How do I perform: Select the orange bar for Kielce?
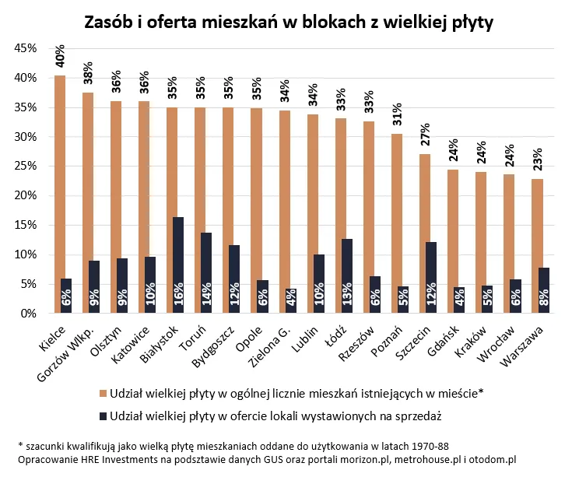click(60, 195)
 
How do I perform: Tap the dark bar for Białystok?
click(178, 265)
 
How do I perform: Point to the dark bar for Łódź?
click(347, 276)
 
